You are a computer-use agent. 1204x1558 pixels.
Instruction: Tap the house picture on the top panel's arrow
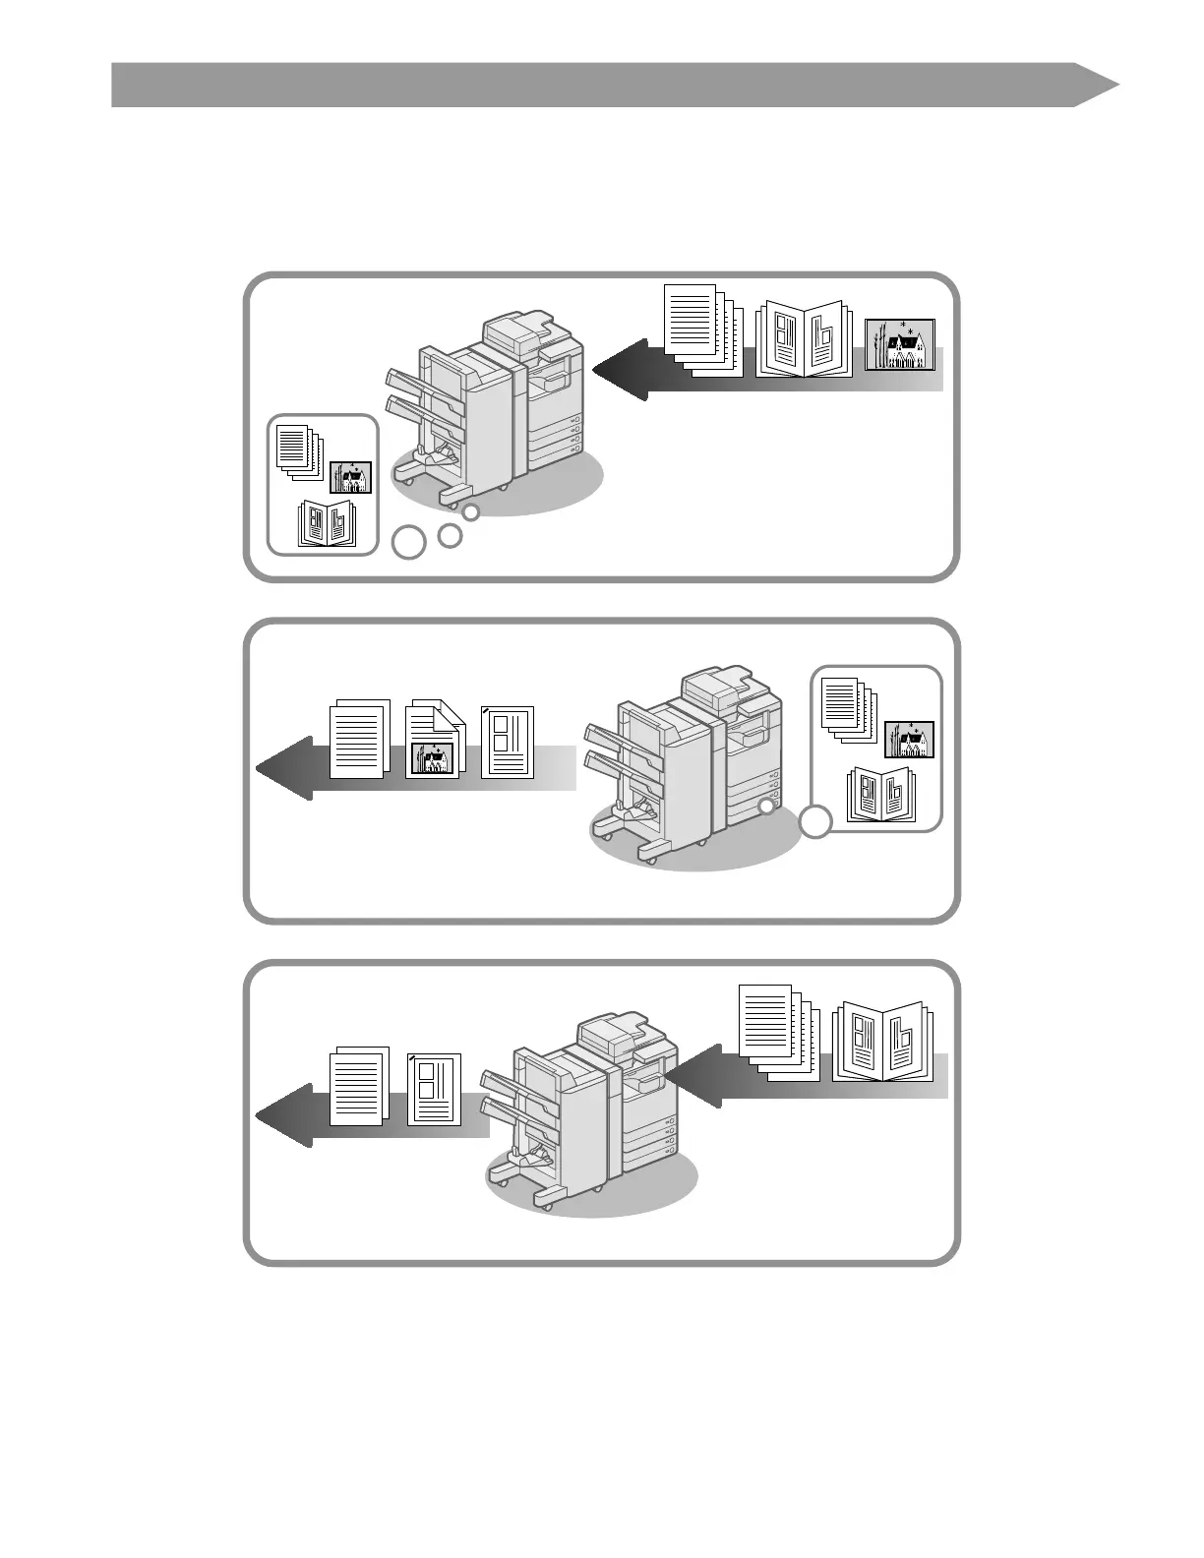point(900,345)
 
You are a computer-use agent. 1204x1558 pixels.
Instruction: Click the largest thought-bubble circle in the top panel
point(409,543)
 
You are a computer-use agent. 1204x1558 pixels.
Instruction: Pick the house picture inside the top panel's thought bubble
point(350,477)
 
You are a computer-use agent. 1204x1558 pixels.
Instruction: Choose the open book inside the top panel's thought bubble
point(328,524)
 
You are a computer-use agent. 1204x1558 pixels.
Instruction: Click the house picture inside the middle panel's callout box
point(909,740)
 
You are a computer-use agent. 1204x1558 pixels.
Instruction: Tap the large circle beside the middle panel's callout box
point(815,822)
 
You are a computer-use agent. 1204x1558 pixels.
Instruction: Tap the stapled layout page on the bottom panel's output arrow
point(434,1088)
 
